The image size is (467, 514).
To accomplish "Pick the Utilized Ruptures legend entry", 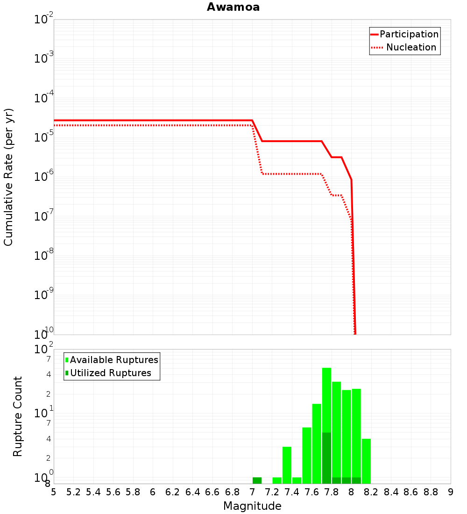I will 110,373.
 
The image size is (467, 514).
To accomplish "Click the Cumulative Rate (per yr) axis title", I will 8,177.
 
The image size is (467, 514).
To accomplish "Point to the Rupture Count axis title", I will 18,416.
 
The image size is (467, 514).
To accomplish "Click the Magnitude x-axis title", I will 252,506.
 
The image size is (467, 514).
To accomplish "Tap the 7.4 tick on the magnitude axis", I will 292,492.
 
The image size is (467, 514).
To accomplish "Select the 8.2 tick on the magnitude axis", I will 371,492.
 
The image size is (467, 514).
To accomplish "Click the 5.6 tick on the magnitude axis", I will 113,492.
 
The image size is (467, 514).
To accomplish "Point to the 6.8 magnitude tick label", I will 232,492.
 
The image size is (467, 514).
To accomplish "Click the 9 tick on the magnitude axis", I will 451,492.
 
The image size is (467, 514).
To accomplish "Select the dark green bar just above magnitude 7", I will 257,480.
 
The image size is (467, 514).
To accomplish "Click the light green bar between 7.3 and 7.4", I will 287,465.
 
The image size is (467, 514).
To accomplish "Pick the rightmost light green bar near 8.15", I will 366,461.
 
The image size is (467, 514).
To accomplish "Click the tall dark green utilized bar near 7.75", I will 326,458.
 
